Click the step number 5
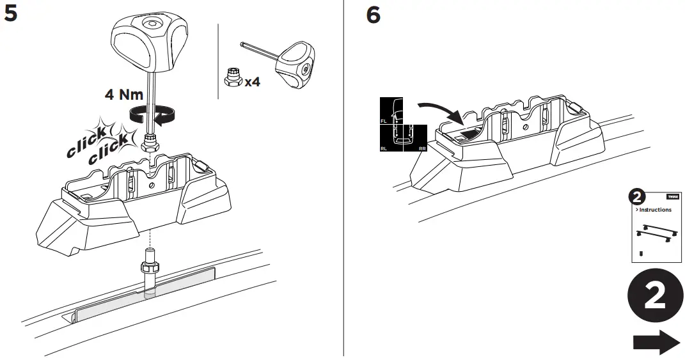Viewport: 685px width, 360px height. pos(11,14)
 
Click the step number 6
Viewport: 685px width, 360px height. pos(372,14)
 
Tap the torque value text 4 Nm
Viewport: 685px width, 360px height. pos(125,95)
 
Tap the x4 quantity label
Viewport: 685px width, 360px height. pos(252,81)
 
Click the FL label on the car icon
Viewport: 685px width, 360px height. pos(384,120)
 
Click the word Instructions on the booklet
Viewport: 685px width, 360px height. pos(654,210)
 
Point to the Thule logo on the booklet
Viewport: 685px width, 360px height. pos(673,196)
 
